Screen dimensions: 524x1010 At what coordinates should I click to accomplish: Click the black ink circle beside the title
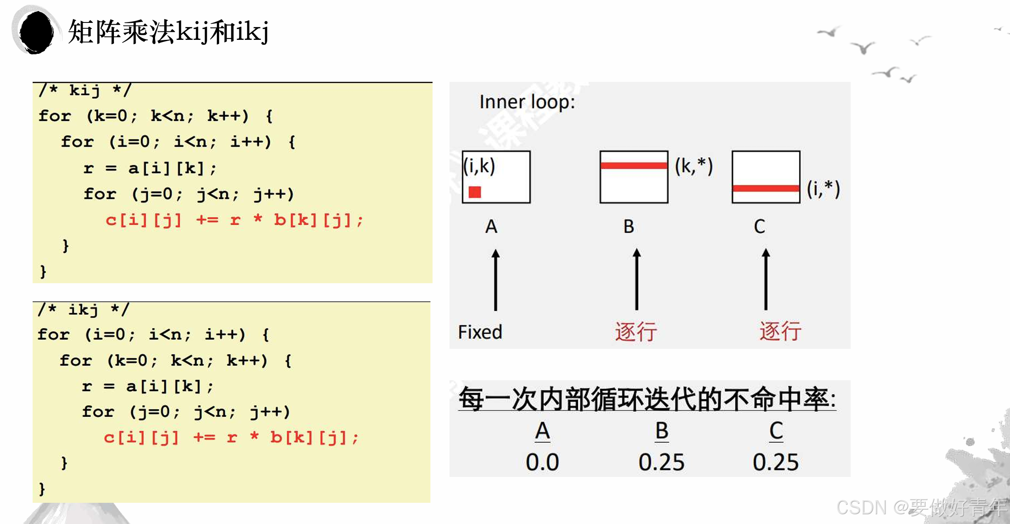36,32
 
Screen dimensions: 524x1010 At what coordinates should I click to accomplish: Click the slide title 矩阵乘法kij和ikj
168,32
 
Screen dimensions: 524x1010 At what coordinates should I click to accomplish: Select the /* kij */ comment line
85,90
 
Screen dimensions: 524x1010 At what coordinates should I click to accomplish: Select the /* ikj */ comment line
83,309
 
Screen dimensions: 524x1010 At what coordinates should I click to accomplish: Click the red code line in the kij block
234,220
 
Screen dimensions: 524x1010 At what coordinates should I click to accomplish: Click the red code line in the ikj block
231,438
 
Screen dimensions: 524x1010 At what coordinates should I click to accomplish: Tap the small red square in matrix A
474,192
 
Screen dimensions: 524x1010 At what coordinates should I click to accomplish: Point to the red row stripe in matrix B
634,165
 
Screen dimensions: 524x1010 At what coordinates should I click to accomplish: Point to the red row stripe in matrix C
766,188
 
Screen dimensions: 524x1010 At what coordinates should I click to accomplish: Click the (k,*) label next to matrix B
694,166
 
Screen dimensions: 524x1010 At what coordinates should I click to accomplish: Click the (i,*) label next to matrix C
823,189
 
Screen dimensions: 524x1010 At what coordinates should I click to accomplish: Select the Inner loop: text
527,102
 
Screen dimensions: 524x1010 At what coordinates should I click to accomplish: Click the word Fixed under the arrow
480,332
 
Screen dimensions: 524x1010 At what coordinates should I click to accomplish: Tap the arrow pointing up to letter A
495,280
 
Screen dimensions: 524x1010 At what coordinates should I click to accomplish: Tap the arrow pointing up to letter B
636,280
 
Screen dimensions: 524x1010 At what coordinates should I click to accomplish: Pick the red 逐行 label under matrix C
780,331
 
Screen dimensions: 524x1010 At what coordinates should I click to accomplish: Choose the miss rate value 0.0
542,462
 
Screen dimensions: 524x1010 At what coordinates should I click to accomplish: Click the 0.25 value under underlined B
661,462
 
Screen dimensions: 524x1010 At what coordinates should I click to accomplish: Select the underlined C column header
776,431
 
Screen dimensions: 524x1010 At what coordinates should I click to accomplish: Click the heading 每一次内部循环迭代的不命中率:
647,399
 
